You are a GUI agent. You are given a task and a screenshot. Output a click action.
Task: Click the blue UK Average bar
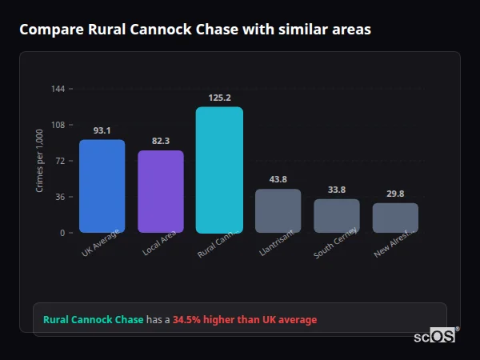click(102, 186)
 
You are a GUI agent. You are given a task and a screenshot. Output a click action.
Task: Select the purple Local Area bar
click(161, 192)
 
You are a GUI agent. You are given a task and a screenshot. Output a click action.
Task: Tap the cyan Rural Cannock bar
click(219, 170)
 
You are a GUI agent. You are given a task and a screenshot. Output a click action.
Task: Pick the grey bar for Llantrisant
click(278, 211)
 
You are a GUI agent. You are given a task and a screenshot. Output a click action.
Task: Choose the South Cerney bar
click(337, 216)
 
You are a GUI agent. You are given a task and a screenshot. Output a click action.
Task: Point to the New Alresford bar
click(395, 218)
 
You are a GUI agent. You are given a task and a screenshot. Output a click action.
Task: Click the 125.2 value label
click(219, 98)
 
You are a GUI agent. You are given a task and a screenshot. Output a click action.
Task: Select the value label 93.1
click(102, 130)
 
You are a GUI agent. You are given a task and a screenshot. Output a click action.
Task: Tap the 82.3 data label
click(161, 142)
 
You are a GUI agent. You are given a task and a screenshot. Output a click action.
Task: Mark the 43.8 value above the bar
click(278, 180)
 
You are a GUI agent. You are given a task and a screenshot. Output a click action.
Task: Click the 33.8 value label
click(337, 190)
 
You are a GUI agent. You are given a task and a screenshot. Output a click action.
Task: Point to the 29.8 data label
click(395, 194)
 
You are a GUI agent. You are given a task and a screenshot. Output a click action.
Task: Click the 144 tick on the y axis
click(58, 89)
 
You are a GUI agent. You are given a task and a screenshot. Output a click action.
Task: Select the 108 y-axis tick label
click(58, 125)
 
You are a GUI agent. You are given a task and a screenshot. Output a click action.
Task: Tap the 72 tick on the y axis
click(60, 161)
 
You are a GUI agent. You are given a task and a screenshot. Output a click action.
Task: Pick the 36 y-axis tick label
click(60, 197)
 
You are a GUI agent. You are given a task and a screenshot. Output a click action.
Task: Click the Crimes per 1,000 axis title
click(40, 161)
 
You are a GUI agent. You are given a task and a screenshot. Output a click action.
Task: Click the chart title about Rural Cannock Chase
click(194, 30)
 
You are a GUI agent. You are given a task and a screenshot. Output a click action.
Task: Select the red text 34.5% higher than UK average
click(245, 320)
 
